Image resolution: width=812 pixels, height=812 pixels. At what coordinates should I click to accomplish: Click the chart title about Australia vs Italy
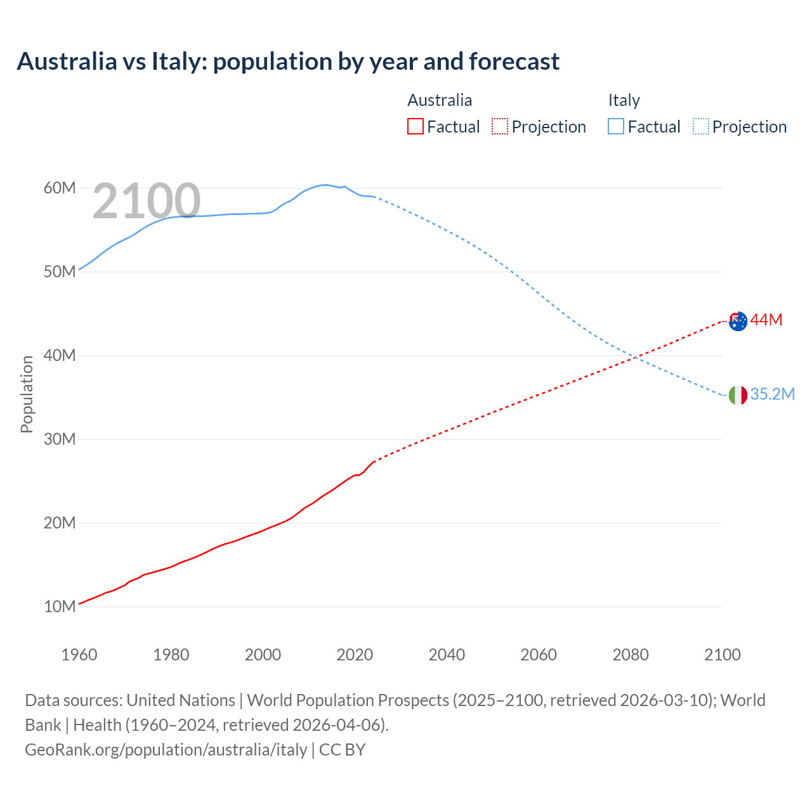(288, 62)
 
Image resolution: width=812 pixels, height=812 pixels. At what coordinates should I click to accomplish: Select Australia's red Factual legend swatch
(415, 127)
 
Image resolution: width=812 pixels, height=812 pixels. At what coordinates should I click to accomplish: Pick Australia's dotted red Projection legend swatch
(500, 127)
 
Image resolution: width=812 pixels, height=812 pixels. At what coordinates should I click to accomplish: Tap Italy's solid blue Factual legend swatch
(615, 127)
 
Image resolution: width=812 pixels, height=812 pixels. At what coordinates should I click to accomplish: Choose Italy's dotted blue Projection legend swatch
(700, 127)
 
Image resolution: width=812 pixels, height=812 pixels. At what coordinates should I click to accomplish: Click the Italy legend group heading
(624, 100)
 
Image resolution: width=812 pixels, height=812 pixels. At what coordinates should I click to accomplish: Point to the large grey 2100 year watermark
(147, 202)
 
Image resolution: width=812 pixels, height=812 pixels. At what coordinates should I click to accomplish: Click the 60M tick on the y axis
(60, 188)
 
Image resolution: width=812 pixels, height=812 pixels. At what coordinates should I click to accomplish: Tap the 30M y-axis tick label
(60, 439)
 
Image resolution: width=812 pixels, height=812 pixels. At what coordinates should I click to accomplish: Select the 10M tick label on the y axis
(60, 606)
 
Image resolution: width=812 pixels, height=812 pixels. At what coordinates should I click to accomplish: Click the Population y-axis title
(27, 394)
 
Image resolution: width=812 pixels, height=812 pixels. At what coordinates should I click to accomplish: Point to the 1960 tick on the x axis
(79, 655)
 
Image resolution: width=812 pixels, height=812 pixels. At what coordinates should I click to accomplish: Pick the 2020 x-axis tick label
(355, 655)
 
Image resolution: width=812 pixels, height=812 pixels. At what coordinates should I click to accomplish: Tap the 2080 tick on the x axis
(631, 655)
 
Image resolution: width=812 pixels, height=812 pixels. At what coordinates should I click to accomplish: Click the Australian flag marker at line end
(738, 321)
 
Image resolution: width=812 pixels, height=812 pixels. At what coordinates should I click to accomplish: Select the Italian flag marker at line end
(738, 395)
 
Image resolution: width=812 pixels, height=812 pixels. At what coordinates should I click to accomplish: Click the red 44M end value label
(766, 320)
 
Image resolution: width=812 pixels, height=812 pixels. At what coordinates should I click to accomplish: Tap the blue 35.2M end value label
(772, 394)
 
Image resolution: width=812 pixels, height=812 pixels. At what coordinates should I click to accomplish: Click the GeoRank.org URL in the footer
(166, 750)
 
